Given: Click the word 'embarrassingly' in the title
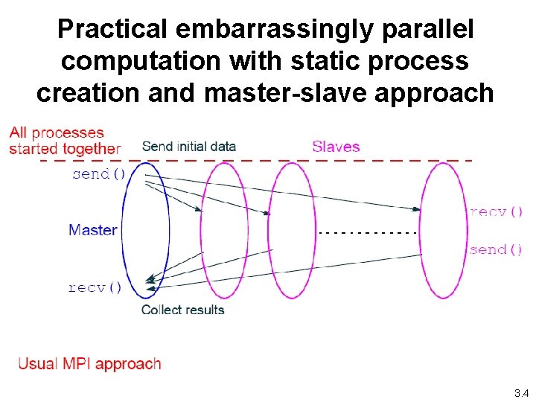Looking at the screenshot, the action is coord(274,30).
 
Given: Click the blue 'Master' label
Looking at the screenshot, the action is coord(93,230).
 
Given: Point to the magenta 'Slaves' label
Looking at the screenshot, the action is coord(336,147).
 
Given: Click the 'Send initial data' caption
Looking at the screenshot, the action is coord(189,147).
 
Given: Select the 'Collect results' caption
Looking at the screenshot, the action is coord(183,310).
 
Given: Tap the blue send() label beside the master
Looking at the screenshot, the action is coord(99,174).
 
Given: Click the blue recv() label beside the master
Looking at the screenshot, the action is coord(95,287).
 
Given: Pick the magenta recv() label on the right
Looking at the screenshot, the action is coord(496,212).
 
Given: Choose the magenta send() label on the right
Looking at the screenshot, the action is coord(496,250).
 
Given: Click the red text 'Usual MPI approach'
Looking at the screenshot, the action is coord(89,364).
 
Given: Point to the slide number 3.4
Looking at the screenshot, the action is coord(522,393).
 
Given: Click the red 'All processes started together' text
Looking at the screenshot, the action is coord(65,141).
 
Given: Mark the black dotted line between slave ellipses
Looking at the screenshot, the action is coord(368,233).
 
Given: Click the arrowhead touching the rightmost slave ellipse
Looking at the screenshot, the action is coord(417,209).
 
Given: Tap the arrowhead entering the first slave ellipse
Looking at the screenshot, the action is coord(198,209).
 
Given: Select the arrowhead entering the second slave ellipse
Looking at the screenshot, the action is coord(267,213).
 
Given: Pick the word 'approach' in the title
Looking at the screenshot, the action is coord(434,93).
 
